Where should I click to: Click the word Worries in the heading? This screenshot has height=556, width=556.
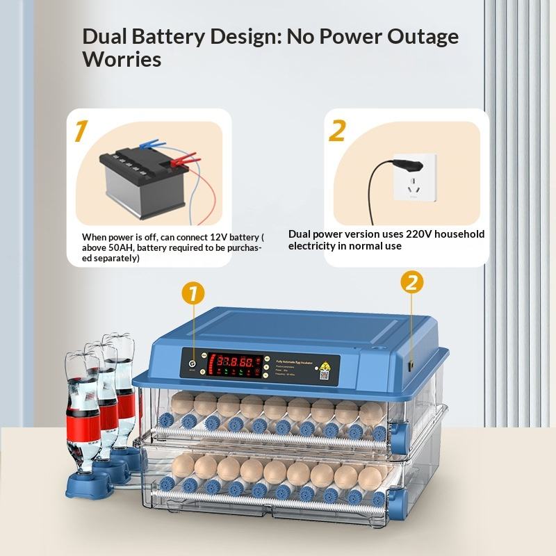(122, 59)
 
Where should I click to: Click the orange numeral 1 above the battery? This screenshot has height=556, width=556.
(81, 131)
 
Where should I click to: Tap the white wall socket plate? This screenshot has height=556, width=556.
(416, 177)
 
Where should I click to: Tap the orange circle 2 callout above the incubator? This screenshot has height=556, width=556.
(411, 281)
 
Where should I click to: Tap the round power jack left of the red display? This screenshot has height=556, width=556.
(193, 361)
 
